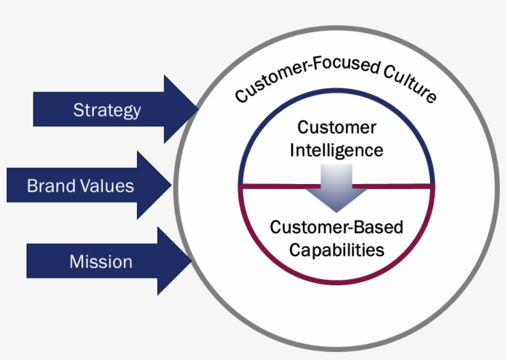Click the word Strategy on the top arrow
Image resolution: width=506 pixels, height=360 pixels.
pyautogui.click(x=107, y=110)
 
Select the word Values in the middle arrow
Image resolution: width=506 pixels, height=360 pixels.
pyautogui.click(x=108, y=185)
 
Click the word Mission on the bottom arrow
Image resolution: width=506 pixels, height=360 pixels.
pyautogui.click(x=101, y=261)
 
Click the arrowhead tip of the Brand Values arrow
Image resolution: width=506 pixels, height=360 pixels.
pyautogui.click(x=171, y=185)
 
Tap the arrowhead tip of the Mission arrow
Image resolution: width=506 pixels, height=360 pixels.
pyautogui.click(x=191, y=261)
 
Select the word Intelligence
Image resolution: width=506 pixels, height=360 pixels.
pyautogui.click(x=336, y=149)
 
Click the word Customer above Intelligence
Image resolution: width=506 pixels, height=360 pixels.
pyautogui.click(x=336, y=128)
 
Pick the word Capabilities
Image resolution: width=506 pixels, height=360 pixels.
pyautogui.click(x=336, y=249)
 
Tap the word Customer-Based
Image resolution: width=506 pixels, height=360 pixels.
pyautogui.click(x=336, y=227)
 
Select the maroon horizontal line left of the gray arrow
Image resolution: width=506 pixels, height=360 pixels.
pyautogui.click(x=278, y=185)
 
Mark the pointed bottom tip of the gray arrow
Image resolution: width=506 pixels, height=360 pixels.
pyautogui.click(x=336, y=212)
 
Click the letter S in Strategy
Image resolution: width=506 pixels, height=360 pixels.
pyautogui.click(x=78, y=110)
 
